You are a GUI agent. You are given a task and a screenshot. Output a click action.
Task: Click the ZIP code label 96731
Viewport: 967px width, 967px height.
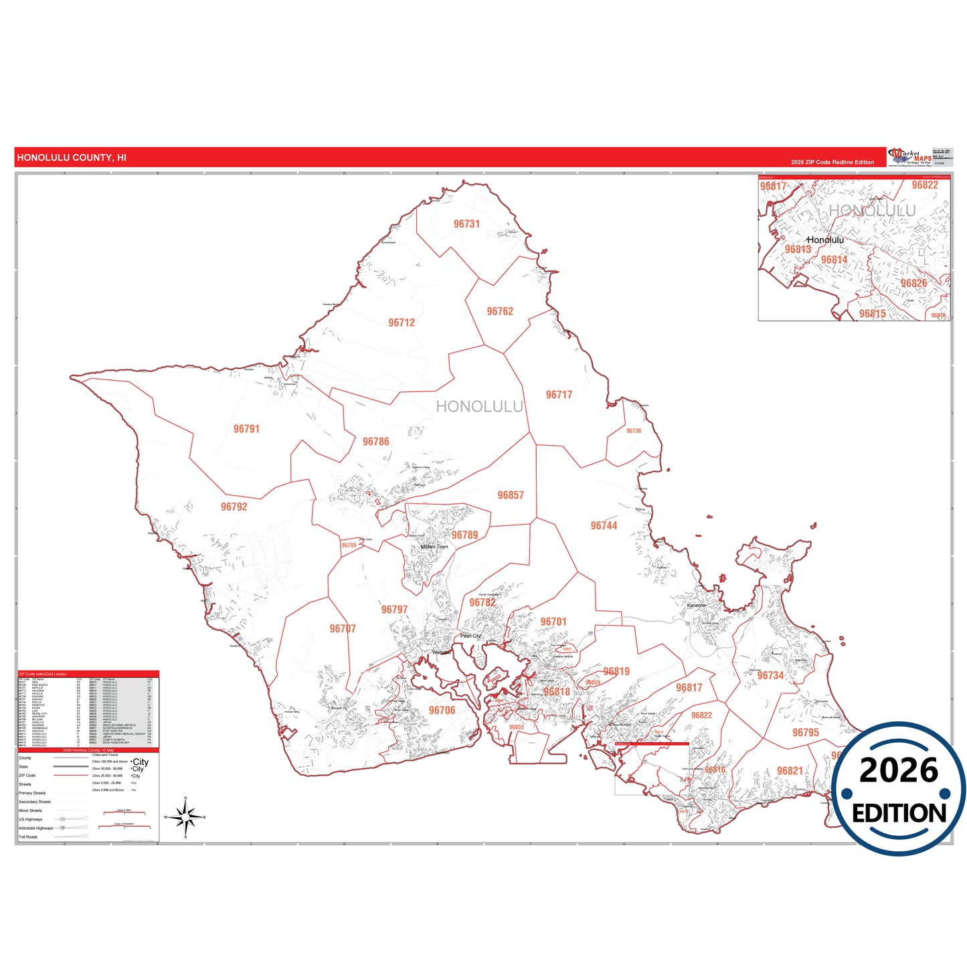(466, 224)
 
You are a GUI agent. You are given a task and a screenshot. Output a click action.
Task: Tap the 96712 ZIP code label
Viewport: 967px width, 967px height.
(402, 323)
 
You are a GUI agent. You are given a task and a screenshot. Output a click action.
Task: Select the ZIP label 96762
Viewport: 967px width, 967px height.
(500, 311)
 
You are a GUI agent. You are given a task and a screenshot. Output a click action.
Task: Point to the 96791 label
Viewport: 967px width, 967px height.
(246, 429)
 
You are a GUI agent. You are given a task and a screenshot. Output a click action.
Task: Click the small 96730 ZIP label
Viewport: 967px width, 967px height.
(633, 431)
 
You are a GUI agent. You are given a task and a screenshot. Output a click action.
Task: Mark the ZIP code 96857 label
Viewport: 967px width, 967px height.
(511, 495)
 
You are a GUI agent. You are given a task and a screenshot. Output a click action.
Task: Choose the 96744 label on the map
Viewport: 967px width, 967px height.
(604, 526)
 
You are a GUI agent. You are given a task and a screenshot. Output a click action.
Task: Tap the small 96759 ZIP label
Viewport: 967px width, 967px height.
(349, 545)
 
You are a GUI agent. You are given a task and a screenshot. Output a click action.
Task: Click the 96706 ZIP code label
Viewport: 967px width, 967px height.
(442, 711)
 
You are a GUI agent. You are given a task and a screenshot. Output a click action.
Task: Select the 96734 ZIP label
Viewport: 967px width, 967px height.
(770, 676)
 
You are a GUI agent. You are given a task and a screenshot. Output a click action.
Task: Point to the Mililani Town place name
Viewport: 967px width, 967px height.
(434, 547)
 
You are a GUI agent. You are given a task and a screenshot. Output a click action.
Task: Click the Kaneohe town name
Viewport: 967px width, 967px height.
(696, 605)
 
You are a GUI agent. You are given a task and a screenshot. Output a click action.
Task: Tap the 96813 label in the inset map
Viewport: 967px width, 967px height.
(798, 250)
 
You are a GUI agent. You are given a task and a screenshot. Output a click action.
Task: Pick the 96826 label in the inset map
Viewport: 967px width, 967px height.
(913, 283)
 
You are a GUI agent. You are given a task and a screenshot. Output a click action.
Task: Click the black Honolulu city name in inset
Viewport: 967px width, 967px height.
(825, 240)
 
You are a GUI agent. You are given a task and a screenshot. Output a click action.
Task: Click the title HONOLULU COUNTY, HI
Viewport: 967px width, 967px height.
(72, 158)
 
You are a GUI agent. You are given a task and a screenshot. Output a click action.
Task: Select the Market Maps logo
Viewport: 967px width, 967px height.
(909, 157)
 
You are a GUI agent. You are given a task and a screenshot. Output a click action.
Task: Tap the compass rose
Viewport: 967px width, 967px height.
(185, 817)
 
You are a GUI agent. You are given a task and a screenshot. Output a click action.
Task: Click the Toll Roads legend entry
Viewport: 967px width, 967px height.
(28, 837)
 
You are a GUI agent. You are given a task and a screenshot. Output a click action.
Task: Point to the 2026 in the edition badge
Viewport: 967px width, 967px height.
(899, 770)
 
